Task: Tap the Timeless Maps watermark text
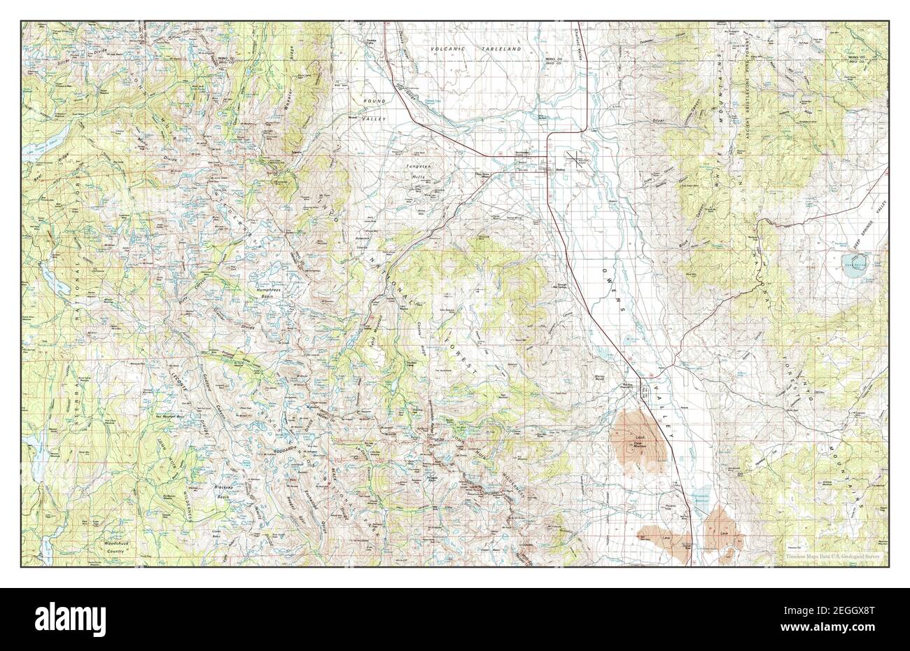[831, 557]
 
